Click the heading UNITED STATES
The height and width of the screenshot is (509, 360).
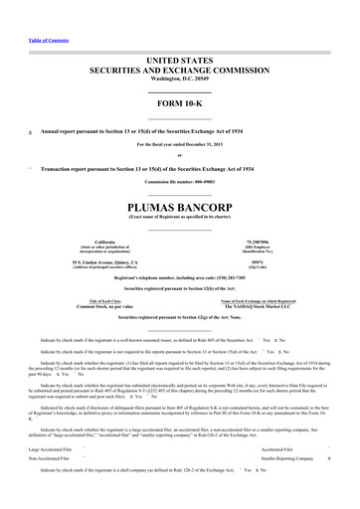[x=180, y=62]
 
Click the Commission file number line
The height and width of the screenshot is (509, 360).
[x=180, y=183]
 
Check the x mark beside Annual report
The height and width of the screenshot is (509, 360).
[x=30, y=132]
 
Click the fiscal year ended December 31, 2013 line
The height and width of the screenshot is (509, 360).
[x=180, y=146]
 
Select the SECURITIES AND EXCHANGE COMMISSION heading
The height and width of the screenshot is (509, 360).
[x=180, y=73]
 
